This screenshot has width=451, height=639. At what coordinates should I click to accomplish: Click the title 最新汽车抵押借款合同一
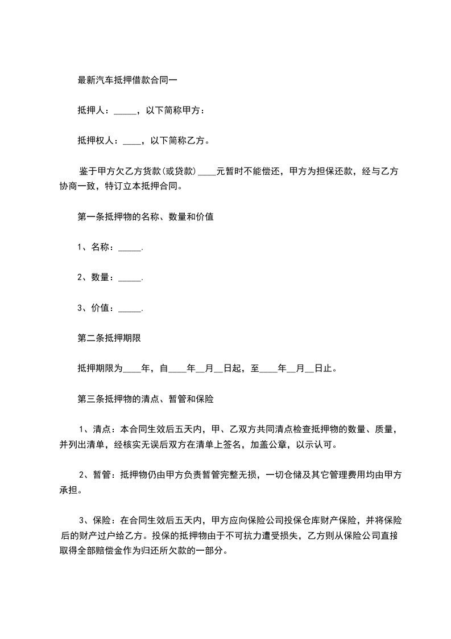coord(127,80)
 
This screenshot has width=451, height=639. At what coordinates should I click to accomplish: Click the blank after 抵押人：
coord(125,111)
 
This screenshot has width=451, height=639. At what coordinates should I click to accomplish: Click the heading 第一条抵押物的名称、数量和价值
coord(145,217)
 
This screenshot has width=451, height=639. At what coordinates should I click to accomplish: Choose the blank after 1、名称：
coord(129,248)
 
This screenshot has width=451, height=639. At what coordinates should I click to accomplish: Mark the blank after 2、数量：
coord(129,278)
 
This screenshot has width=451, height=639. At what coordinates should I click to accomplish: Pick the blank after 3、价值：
coord(129,308)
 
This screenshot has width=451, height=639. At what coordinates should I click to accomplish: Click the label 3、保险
coord(95,521)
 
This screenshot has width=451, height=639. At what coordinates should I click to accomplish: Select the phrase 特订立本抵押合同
coord(150,187)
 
